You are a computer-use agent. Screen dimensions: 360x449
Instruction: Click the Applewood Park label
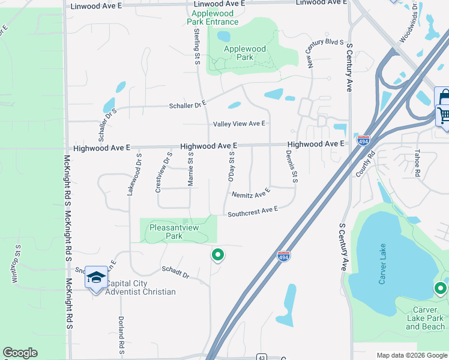[x=244, y=53]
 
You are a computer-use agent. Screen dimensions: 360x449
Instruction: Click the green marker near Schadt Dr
[x=218, y=255]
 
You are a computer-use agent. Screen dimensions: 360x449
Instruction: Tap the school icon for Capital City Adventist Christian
[x=96, y=278]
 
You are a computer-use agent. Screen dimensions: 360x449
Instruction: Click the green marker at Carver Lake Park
[x=441, y=289]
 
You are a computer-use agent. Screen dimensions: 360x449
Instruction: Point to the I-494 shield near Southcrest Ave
[x=284, y=256]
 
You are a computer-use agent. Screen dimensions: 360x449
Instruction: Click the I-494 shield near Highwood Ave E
[x=363, y=140]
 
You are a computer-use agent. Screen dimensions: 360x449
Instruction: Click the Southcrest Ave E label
[x=253, y=211]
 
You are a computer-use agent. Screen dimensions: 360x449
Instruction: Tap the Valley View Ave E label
[x=240, y=124]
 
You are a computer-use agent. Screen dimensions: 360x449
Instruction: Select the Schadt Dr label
[x=175, y=272]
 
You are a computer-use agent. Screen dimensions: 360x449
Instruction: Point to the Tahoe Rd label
[x=418, y=162]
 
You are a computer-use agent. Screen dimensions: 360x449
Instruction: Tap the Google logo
[x=20, y=353]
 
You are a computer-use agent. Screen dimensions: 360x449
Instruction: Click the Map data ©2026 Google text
[x=411, y=355]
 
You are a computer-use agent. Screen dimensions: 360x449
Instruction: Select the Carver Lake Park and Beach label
[x=426, y=318]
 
